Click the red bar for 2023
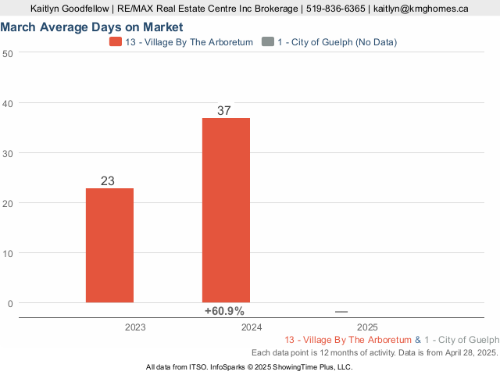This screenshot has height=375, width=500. click(109, 245)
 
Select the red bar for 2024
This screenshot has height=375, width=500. click(226, 209)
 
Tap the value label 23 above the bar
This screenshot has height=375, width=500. click(108, 181)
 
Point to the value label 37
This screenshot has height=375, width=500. click(224, 111)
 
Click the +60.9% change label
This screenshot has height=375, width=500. click(224, 311)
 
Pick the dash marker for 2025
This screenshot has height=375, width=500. click(341, 312)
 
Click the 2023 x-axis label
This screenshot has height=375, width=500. click(135, 327)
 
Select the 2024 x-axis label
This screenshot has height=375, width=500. click(252, 327)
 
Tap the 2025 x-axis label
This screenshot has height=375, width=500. click(367, 327)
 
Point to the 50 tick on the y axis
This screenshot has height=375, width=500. click(8, 53)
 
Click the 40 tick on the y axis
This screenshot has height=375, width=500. click(8, 103)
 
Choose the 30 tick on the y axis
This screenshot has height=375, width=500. click(8, 153)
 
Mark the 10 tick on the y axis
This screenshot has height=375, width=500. click(8, 253)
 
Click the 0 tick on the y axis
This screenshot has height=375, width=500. click(10, 303)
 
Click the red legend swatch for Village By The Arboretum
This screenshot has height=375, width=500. click(116, 41)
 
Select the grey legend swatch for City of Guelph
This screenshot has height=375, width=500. click(269, 41)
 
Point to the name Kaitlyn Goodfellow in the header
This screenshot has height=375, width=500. click(70, 9)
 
